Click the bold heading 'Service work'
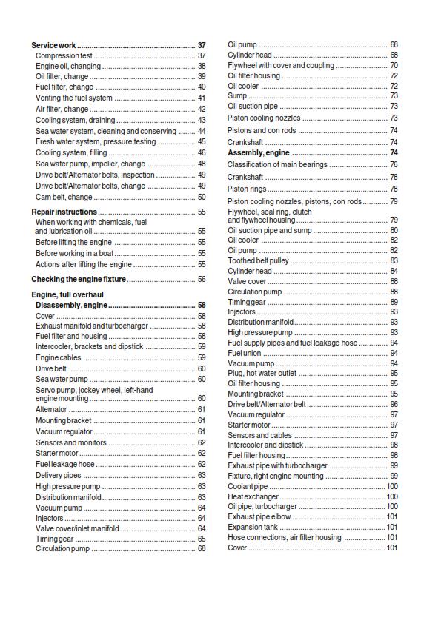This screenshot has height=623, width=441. click(x=54, y=46)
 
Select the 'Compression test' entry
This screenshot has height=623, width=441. click(x=64, y=55)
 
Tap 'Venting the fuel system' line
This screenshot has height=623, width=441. click(x=74, y=98)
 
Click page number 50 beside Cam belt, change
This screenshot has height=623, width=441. click(x=201, y=198)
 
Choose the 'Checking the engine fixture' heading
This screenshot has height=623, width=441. click(x=78, y=280)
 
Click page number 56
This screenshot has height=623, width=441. click(x=201, y=280)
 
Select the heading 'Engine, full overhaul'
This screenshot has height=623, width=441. click(x=67, y=295)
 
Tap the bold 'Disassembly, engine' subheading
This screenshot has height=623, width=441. click(x=71, y=305)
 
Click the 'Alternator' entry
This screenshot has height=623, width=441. click(x=51, y=409)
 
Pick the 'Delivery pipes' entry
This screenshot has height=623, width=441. click(x=59, y=475)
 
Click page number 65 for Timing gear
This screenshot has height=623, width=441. click(x=201, y=539)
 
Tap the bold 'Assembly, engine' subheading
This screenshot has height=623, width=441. click(x=258, y=153)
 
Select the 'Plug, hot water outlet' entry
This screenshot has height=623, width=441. click(x=262, y=374)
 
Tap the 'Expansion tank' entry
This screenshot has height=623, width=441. click(x=253, y=527)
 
